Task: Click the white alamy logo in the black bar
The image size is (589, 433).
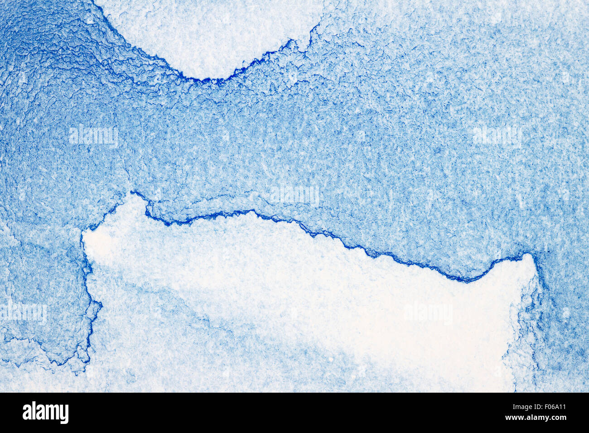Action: click(x=45, y=413)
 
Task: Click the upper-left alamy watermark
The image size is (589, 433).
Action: click(x=93, y=136)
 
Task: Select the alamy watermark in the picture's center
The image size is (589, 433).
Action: click(x=294, y=195)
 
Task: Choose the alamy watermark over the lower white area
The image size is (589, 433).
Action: click(x=428, y=313)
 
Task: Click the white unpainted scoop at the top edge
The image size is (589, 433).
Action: click(x=208, y=36)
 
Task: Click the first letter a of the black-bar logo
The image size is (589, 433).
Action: click(x=27, y=413)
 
